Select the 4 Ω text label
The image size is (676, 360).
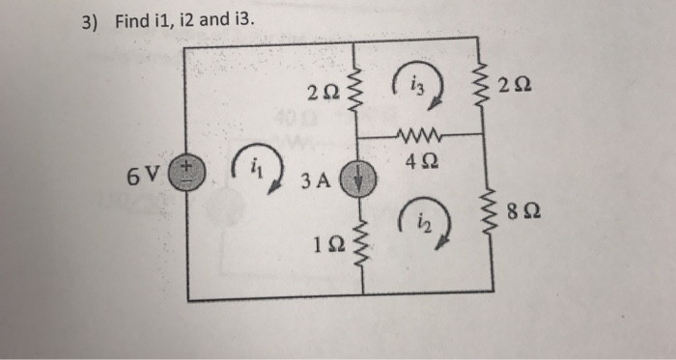418,159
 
